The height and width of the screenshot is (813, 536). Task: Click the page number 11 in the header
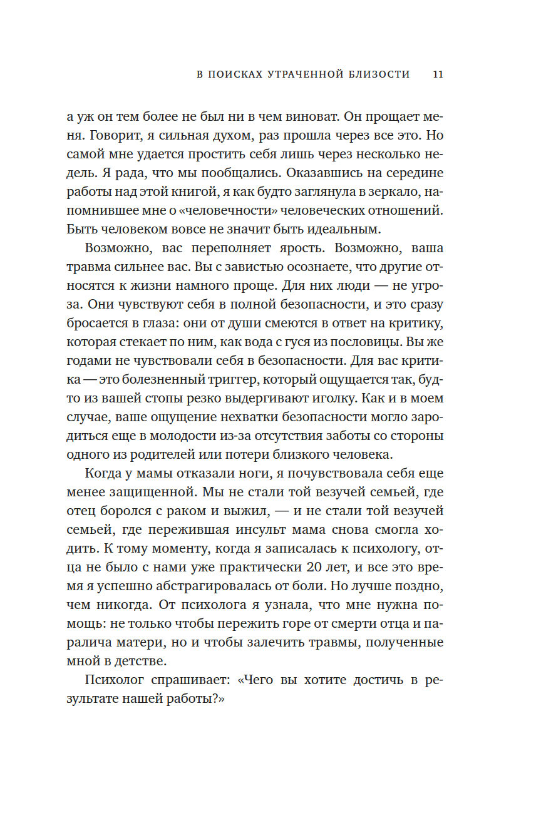point(438,74)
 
